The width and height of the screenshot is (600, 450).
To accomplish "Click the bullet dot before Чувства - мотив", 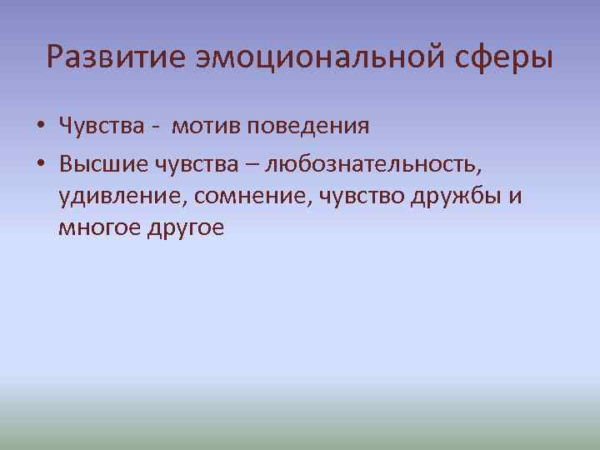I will point(40,128).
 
